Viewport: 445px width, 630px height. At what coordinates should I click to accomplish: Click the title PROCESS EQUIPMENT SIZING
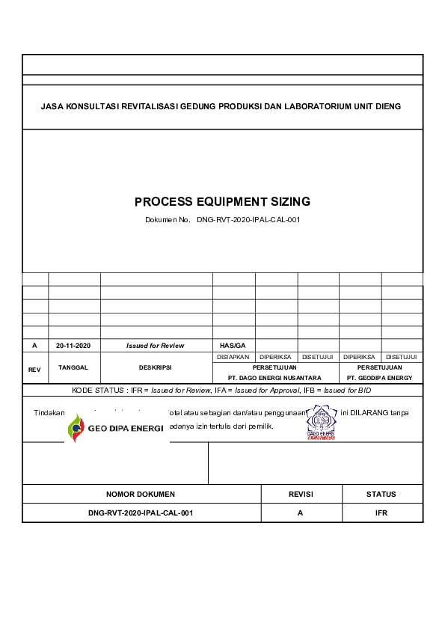[222, 202]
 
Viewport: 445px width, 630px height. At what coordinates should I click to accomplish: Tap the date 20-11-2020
[73, 346]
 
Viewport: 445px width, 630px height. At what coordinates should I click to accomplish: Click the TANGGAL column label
[73, 368]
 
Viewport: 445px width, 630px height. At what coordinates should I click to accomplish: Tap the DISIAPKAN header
[233, 357]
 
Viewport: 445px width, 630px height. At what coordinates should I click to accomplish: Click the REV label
[34, 370]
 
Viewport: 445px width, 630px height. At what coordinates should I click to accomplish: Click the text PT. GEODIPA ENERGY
[379, 378]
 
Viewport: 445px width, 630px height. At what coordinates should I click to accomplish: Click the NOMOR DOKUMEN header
[141, 495]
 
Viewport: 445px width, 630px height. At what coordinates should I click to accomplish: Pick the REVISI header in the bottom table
[300, 495]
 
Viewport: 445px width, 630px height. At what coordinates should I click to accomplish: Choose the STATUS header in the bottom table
[381, 495]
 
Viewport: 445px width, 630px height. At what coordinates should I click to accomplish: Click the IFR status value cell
[381, 513]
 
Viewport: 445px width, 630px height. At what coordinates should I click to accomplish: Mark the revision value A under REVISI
[300, 513]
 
